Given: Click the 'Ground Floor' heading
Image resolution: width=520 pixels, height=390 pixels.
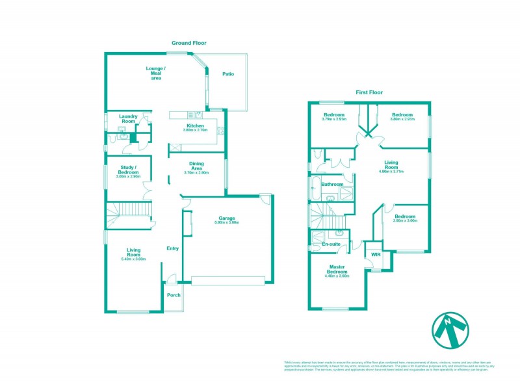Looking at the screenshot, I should click(x=185, y=43).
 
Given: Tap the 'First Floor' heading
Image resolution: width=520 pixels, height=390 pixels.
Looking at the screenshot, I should click(x=369, y=92).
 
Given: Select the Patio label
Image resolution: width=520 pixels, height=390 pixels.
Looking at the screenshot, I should click(x=227, y=74).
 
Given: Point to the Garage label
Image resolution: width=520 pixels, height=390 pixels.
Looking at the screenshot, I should click(x=226, y=218).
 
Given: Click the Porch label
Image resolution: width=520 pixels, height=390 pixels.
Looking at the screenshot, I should click(x=174, y=295).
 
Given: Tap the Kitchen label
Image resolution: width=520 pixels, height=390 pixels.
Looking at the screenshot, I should click(x=195, y=125).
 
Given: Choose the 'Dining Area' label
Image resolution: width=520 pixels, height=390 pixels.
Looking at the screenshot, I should click(x=196, y=166).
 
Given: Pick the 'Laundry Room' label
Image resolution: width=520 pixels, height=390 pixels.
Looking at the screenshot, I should click(x=128, y=118).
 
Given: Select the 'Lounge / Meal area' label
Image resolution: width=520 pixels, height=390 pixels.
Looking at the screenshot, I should click(x=156, y=73).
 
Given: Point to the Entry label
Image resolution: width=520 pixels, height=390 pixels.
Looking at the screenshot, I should click(x=172, y=248).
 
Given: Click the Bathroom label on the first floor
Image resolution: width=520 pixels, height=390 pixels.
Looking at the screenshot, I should click(x=332, y=185).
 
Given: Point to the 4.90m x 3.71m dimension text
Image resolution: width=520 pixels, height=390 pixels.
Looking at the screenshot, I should click(x=391, y=172).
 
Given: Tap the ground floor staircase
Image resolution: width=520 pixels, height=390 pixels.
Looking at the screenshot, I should click(x=128, y=213).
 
